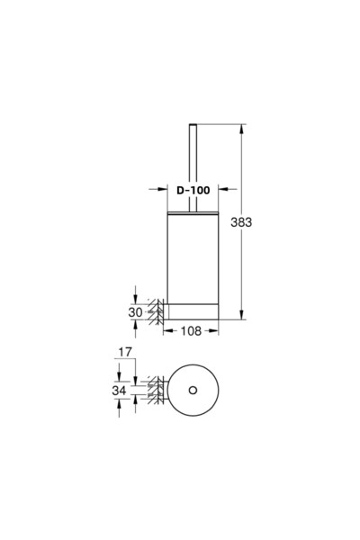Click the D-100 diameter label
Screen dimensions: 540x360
pos(193,190)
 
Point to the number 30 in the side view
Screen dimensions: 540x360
pos(135,311)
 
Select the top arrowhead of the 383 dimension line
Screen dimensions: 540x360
pos(241,128)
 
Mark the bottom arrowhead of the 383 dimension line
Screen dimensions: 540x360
pos(241,316)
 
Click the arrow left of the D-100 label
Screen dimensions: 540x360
pos(157,190)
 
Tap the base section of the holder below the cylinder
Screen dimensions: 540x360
pos(193,311)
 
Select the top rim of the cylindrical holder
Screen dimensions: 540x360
pos(193,214)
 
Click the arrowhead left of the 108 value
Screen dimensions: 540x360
pos(168,331)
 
